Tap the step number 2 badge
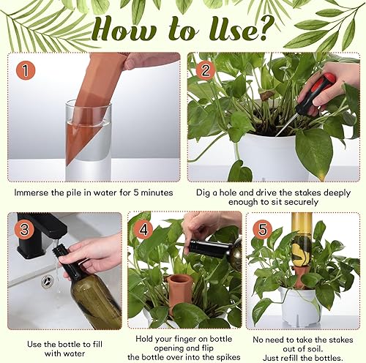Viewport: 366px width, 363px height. click(203, 71)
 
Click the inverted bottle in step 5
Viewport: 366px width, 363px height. click(301, 245)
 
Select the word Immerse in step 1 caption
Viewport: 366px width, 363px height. click(35, 193)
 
